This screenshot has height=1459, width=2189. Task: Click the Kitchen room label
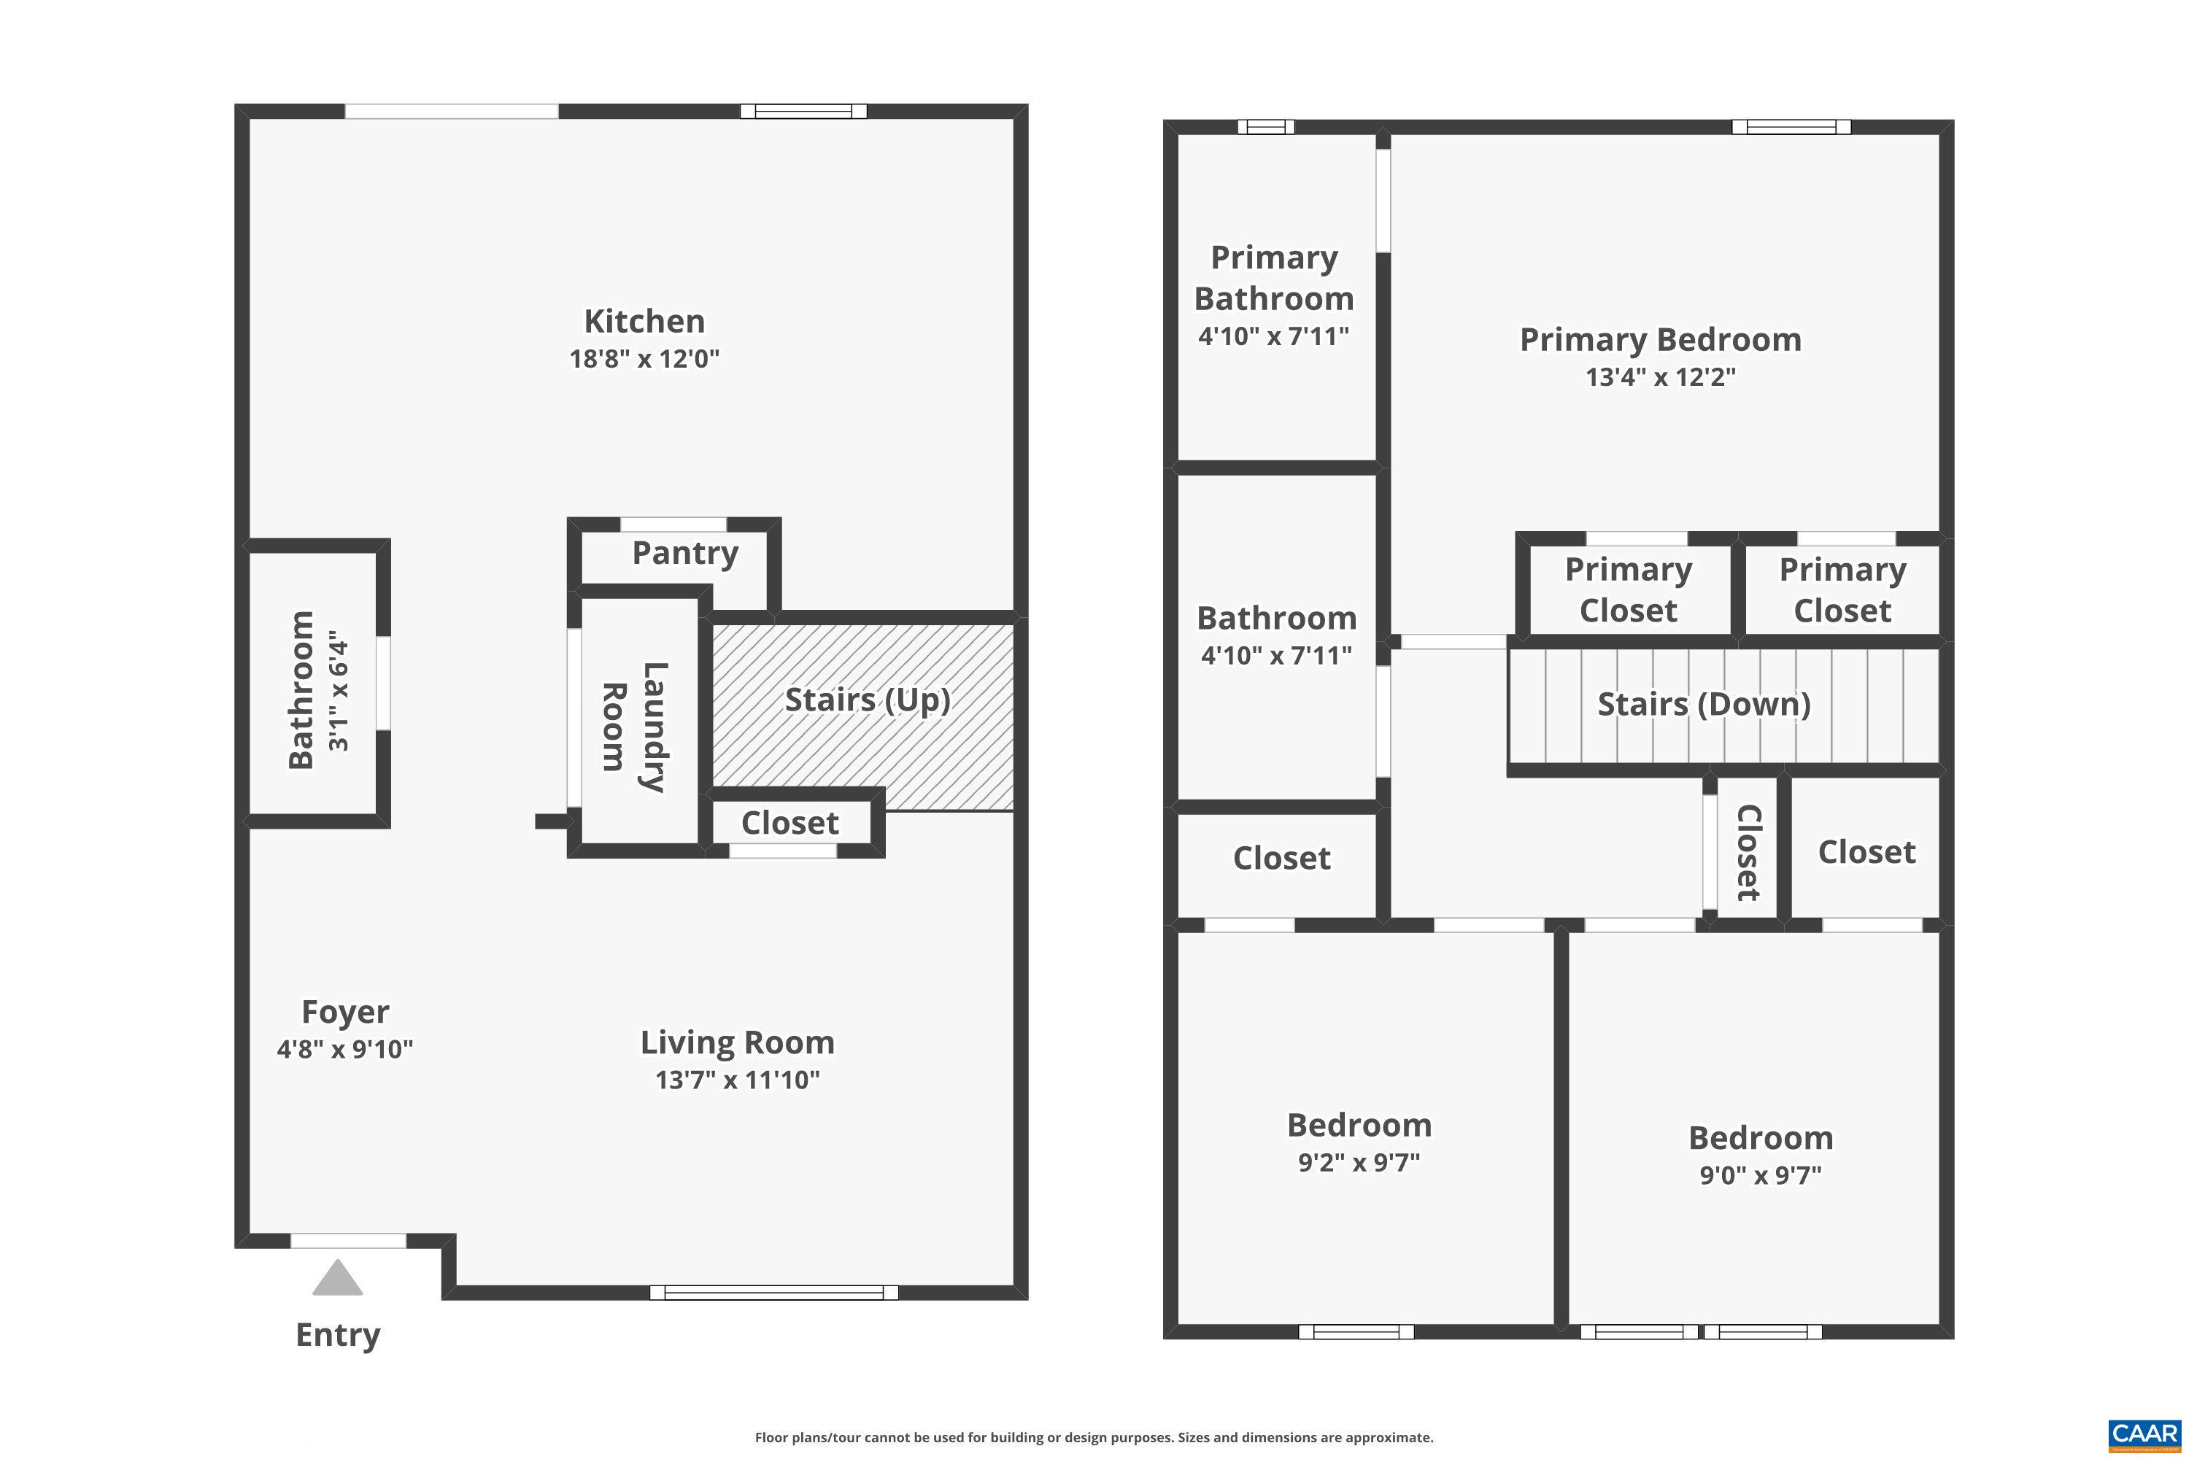point(644,321)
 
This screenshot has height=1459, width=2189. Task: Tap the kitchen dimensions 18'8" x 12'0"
point(644,358)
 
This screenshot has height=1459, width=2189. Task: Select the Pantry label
point(685,553)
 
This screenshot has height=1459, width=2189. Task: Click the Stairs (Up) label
point(868,700)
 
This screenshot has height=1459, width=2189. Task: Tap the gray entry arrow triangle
point(337,1280)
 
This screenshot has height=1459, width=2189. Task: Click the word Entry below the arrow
point(338,1334)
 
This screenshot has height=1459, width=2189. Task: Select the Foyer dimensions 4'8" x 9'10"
point(344,1050)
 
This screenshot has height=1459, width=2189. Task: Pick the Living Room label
point(737,1042)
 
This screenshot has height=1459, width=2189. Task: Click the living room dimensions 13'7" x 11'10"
point(737,1080)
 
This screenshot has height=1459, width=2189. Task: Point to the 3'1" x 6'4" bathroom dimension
point(338,695)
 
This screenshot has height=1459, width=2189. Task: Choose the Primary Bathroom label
point(1274,277)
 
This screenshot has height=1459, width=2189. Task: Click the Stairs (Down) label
point(1704,705)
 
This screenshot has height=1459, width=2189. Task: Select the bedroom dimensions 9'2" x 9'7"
point(1359,1162)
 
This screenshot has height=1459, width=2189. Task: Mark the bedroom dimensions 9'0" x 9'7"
point(1760,1175)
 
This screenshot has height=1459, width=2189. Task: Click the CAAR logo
point(2144,1434)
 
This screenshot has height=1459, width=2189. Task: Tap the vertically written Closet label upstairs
point(1748,852)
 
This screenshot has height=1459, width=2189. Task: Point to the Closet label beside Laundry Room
point(789,823)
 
